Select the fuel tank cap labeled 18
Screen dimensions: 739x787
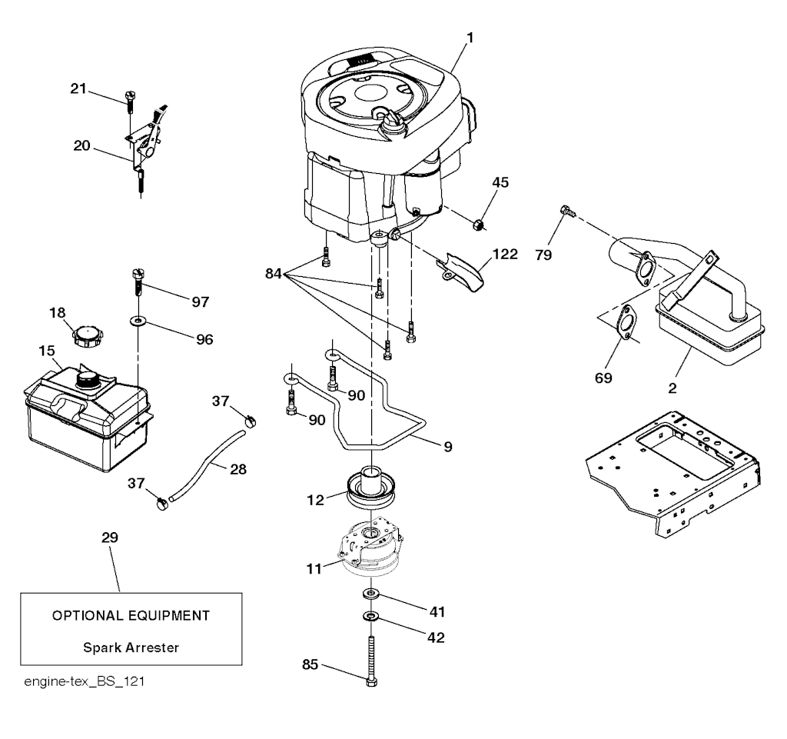click(x=86, y=337)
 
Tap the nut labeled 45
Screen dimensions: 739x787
click(x=477, y=225)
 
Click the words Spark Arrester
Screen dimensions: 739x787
click(x=131, y=647)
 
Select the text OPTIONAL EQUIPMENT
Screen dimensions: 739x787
click(x=131, y=615)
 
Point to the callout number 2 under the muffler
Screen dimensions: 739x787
click(x=672, y=388)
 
